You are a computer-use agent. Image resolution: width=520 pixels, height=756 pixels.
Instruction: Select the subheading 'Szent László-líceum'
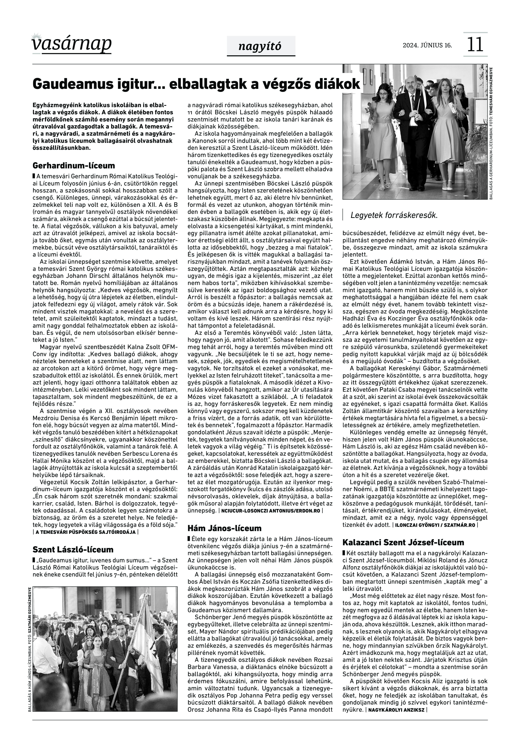[x=73, y=550]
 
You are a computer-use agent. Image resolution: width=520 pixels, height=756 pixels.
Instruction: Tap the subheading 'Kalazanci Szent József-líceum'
[x=403, y=543]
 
